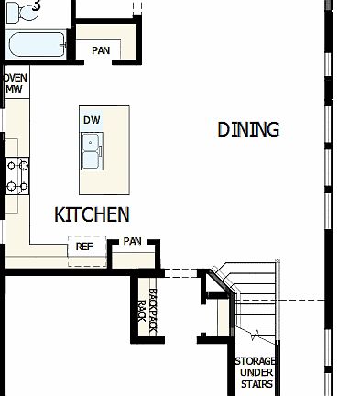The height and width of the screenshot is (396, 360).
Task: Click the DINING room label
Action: tap(248, 129)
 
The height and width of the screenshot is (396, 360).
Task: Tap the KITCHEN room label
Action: tap(92, 215)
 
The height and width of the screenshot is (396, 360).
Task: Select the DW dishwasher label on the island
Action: tap(92, 120)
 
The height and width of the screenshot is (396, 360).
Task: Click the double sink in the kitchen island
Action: tap(92, 152)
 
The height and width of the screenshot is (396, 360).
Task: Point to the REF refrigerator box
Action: tap(84, 247)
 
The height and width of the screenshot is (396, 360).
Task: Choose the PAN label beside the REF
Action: tap(133, 242)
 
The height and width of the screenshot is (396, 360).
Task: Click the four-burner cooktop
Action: tap(17, 175)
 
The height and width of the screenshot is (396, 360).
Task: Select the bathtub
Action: tap(35, 44)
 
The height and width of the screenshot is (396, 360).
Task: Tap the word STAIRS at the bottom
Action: tap(256, 385)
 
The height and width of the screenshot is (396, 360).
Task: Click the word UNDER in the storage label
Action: tap(256, 373)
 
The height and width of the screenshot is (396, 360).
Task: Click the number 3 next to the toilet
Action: tap(36, 5)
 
